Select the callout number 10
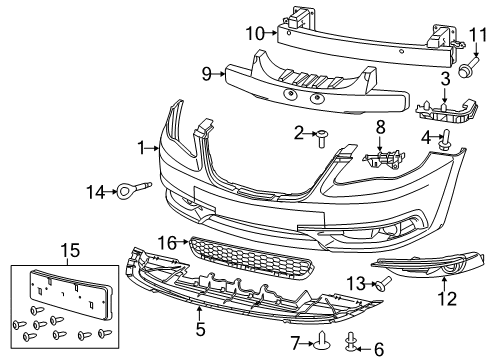pos(254,34)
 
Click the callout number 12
pos(446,297)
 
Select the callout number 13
pos(352,285)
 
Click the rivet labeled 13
pos(382,285)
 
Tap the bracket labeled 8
pos(381,158)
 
